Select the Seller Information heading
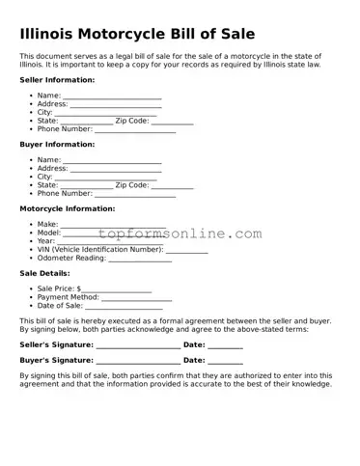coord(57,80)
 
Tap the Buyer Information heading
coord(57,144)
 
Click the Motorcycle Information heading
coord(68,208)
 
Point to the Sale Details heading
coord(43,273)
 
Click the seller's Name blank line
coord(112,97)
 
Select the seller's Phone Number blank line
coord(135,129)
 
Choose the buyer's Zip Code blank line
coord(172,185)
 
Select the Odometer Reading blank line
coord(139,259)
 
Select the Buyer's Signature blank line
coord(137,361)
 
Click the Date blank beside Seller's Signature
coord(225,345)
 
